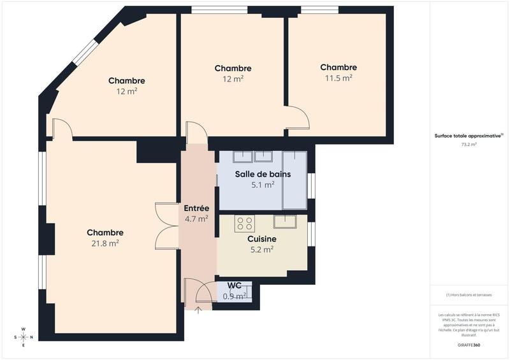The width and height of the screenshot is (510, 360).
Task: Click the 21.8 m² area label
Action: click(105, 243)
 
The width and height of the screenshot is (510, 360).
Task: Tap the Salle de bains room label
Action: click(263, 174)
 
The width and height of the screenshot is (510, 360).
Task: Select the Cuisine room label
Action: click(262, 239)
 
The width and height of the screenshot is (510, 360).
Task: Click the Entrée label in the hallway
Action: click(196, 208)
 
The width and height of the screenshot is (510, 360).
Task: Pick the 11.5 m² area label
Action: click(339, 78)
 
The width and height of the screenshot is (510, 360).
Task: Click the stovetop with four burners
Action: click(245, 223)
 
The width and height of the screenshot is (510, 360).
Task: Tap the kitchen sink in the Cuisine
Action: click(285, 222)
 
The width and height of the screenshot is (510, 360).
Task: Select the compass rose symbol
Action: click(24, 336)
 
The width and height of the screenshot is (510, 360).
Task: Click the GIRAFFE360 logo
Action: click(469, 343)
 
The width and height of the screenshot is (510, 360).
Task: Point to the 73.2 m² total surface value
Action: click(469, 145)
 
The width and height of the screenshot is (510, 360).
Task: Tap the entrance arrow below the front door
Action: click(198, 310)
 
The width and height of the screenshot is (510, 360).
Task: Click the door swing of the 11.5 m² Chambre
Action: click(298, 118)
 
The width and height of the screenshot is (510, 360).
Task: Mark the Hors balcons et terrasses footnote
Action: click(469, 294)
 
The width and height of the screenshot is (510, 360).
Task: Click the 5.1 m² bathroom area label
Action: click(263, 185)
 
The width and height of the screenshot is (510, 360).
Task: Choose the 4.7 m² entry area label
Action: click(196, 219)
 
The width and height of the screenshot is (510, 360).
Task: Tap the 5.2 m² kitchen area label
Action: click(262, 250)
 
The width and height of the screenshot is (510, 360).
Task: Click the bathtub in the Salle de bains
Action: click(295, 180)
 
